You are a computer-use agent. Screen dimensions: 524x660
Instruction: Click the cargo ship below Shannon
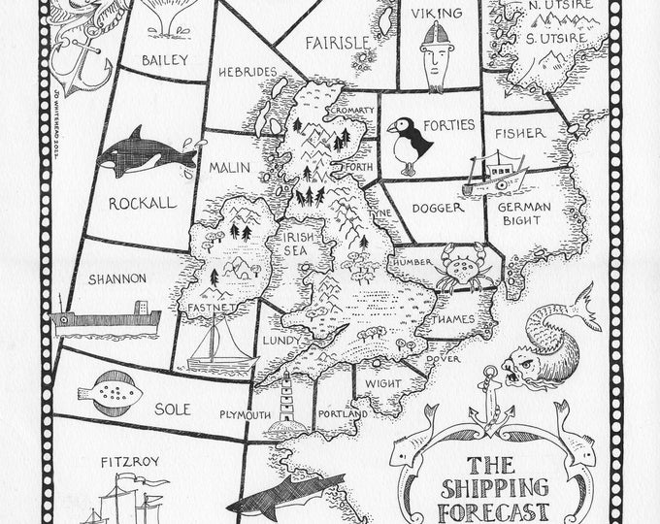click(x=107, y=318)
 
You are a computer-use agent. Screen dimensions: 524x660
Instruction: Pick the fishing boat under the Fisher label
click(x=498, y=174)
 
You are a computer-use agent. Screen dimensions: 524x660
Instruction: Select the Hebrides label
click(x=247, y=72)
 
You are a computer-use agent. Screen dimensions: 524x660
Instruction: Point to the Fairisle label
click(x=336, y=43)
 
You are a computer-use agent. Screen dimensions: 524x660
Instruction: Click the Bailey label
click(x=164, y=59)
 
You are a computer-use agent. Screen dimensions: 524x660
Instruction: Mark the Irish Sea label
click(x=299, y=243)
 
